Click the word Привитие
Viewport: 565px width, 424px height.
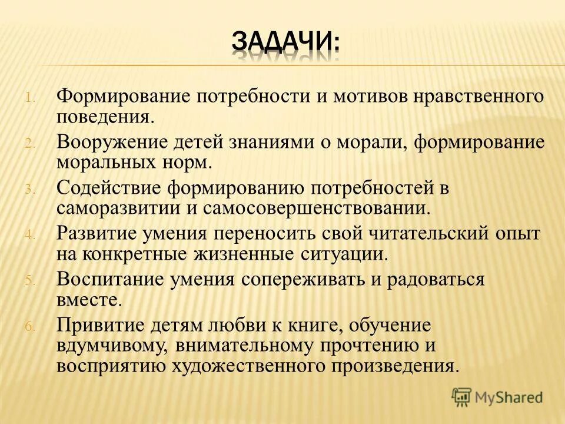[102, 325]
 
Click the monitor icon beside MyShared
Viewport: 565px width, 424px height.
[462, 397]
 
